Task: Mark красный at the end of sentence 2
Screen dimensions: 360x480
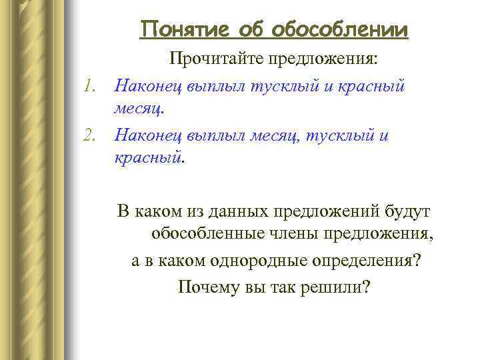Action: [147, 158]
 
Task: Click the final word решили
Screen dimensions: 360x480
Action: [342, 285]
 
